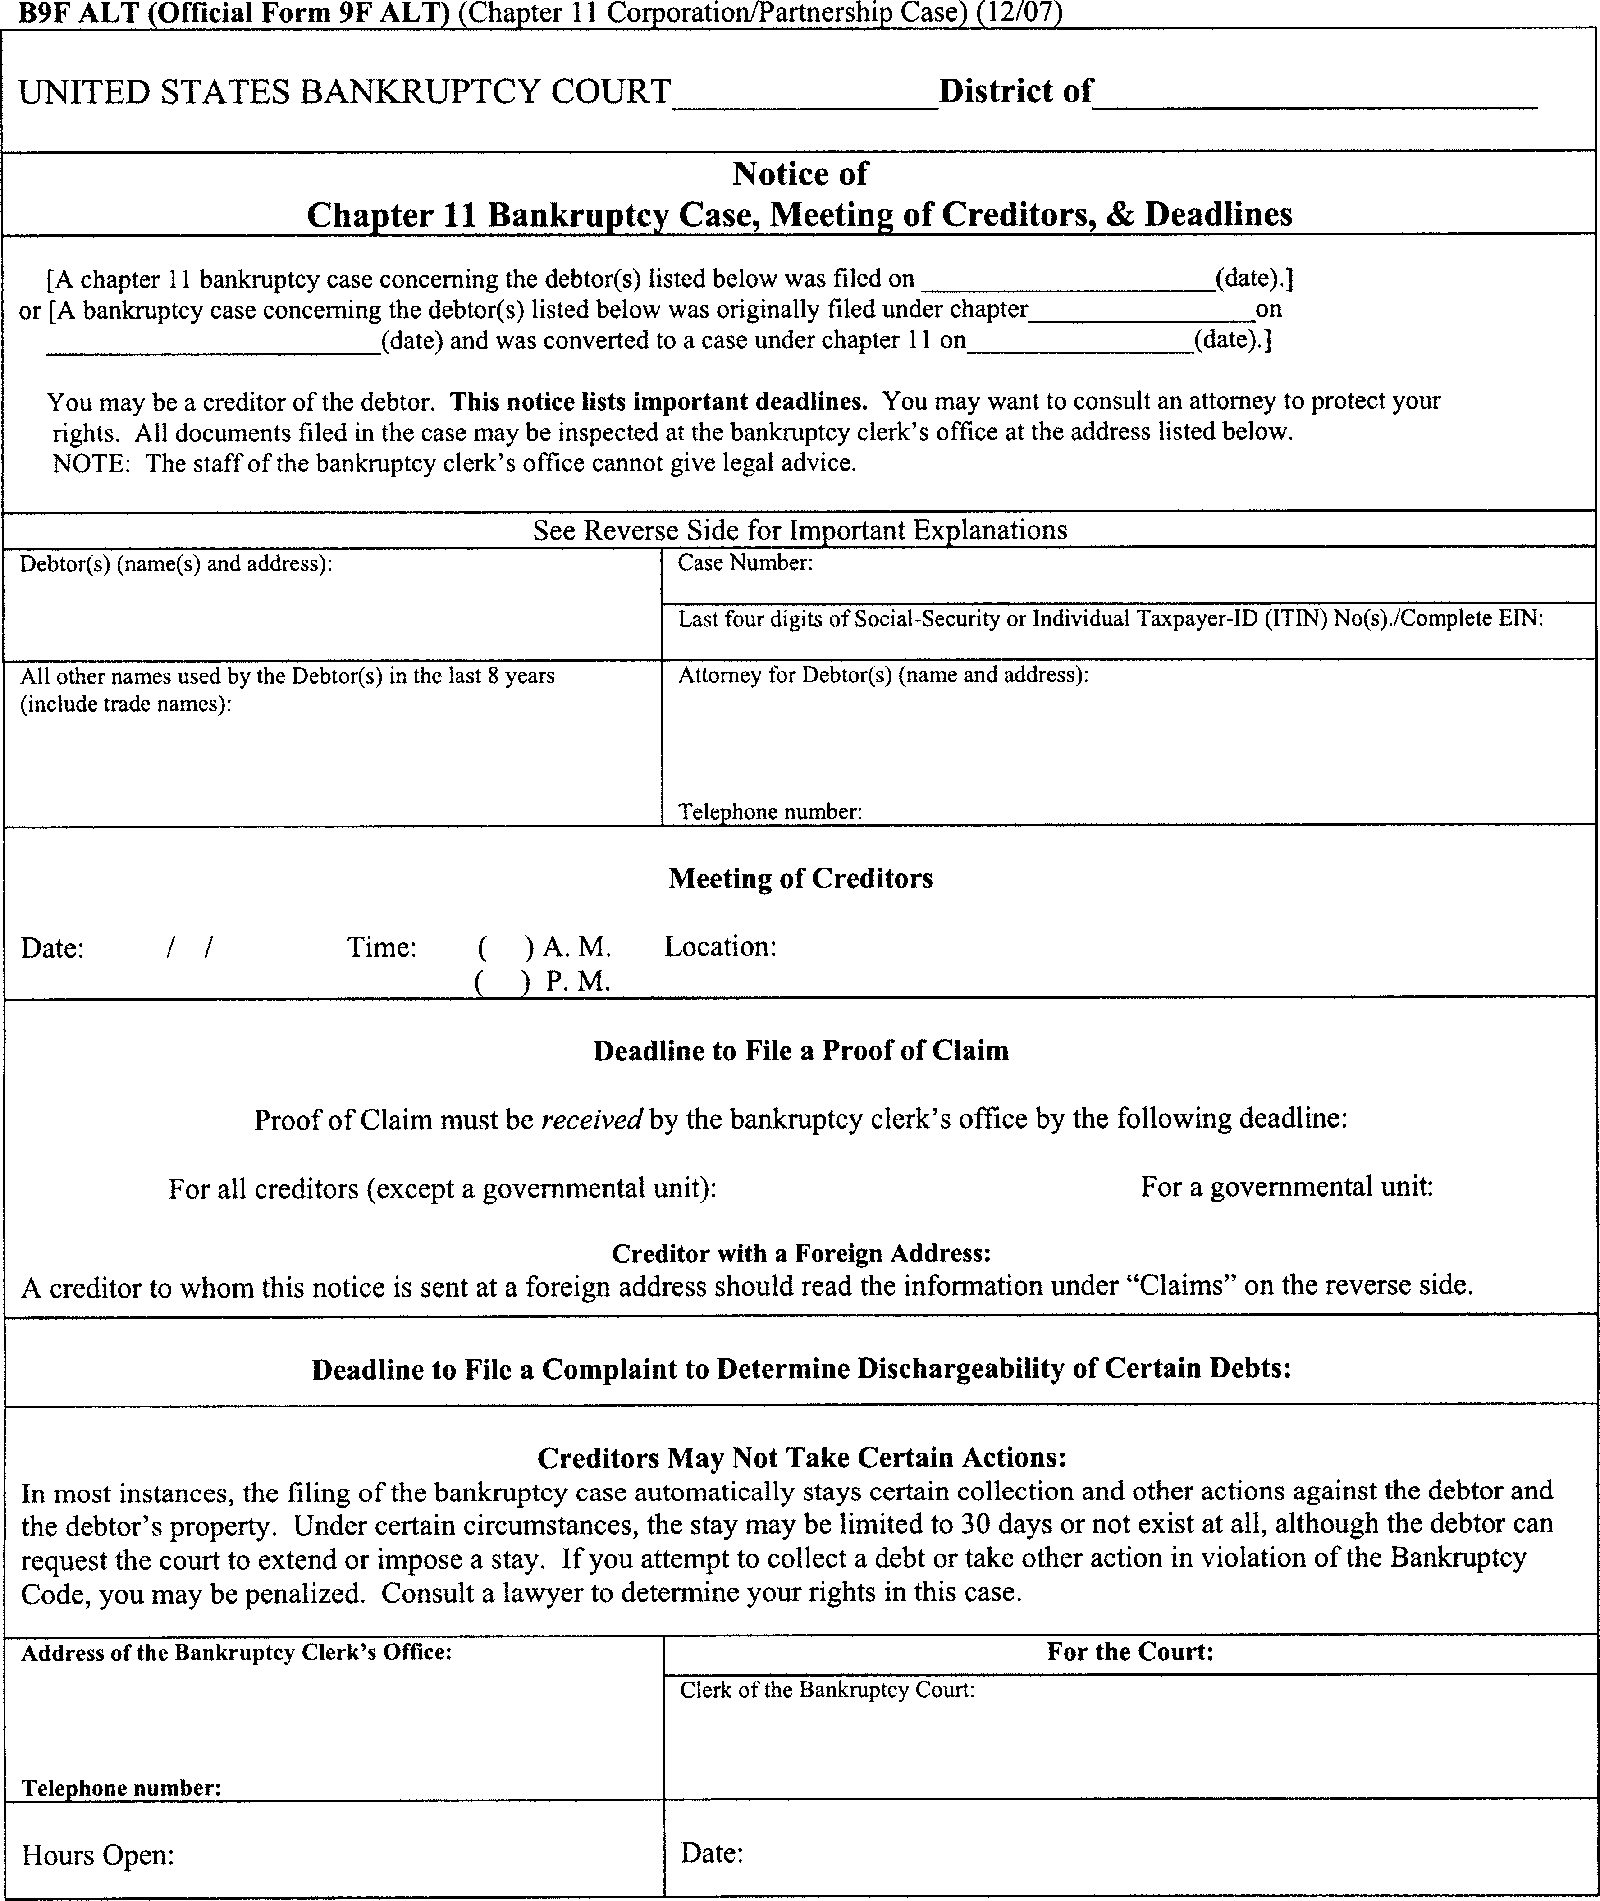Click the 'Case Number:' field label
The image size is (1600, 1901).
pos(745,563)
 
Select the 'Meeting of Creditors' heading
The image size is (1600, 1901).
pos(800,878)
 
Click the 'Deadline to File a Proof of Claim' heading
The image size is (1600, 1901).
pos(800,1050)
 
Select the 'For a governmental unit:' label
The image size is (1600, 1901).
pos(1286,1186)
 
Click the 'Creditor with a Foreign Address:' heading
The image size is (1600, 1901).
pos(800,1253)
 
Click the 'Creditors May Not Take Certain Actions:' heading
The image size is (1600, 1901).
pos(801,1458)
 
